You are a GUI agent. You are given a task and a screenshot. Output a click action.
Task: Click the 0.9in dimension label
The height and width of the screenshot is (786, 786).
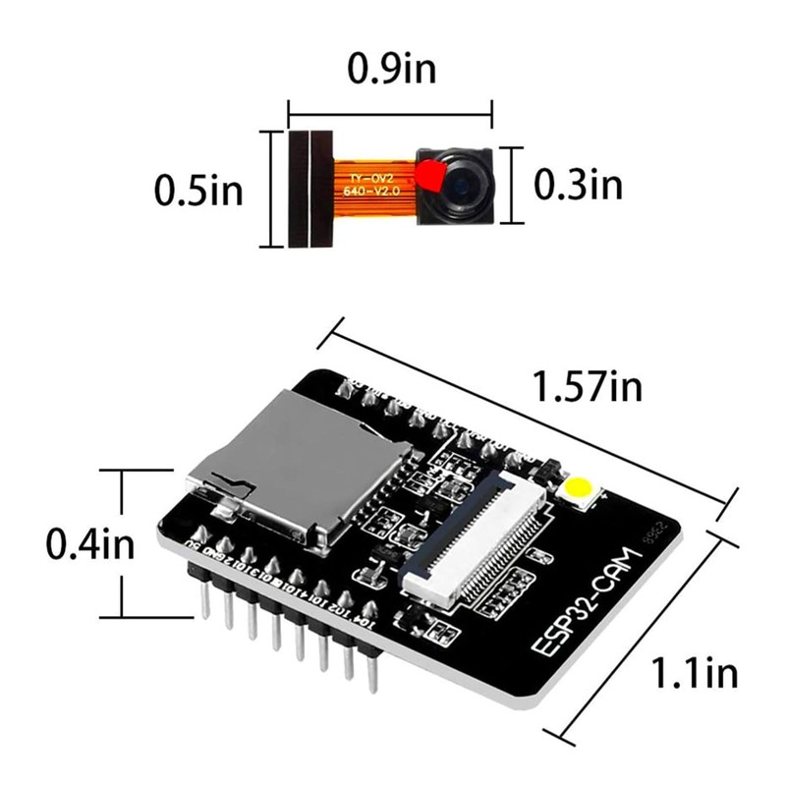(392, 70)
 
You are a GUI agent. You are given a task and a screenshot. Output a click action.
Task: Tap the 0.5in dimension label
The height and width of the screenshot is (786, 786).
(198, 190)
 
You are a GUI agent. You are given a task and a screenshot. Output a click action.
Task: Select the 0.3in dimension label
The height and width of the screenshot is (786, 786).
(578, 183)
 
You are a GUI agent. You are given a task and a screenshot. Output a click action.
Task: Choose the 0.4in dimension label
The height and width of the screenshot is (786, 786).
(89, 543)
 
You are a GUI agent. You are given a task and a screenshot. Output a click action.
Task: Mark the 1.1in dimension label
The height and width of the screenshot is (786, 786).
(695, 674)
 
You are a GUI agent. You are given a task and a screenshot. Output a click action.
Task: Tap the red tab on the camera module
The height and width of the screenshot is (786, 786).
(429, 178)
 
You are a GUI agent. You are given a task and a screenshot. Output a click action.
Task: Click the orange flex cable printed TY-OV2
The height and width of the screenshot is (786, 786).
(371, 183)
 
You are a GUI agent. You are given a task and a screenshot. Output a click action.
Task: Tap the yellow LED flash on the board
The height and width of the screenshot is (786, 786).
(580, 488)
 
